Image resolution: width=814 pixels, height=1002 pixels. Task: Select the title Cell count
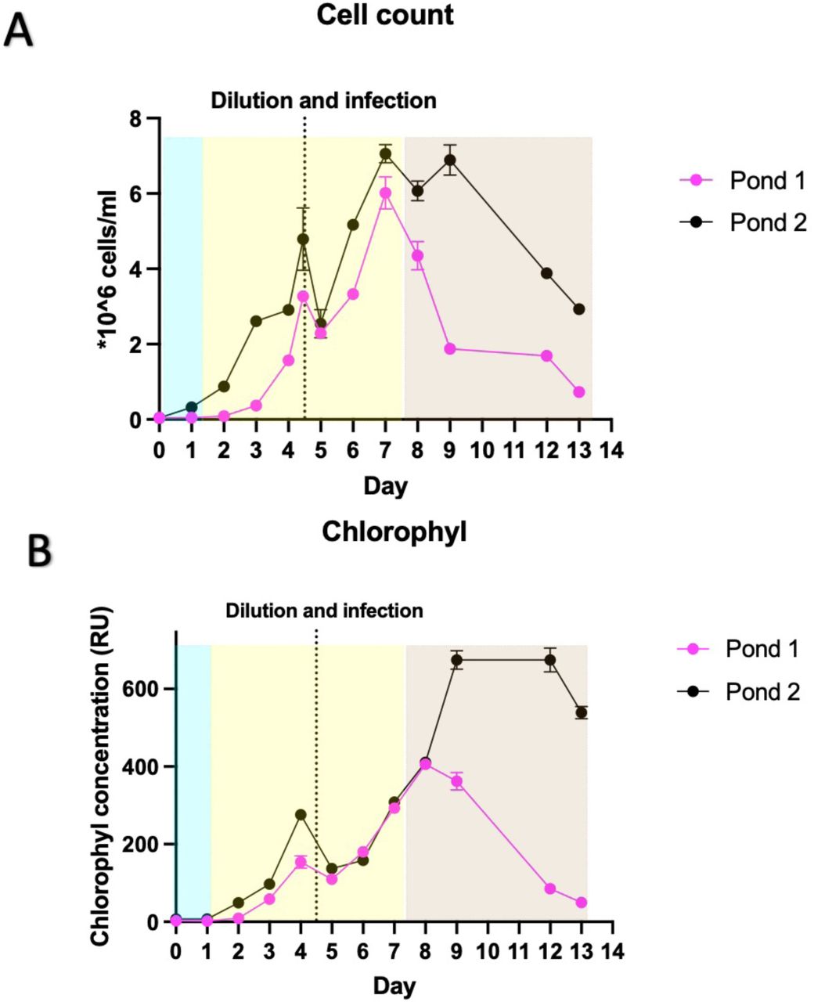pos(385,15)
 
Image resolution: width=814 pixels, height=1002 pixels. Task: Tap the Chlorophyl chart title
pos(394,532)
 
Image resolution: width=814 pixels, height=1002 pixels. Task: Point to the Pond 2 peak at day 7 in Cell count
pos(385,154)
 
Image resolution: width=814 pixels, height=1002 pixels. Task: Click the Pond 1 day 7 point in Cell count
pos(385,193)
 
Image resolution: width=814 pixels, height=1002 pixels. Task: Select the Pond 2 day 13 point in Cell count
pos(579,309)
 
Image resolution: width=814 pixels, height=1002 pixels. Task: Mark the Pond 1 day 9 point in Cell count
pos(450,348)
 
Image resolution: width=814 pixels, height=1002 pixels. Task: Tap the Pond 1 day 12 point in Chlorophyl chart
pos(550,888)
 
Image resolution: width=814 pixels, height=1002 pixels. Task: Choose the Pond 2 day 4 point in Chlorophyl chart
pos(301,815)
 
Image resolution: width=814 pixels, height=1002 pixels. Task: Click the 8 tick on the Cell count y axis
pos(145,118)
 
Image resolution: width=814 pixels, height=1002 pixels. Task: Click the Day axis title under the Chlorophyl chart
pos(394,984)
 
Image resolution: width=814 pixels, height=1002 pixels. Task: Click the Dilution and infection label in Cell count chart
pos(323,100)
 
